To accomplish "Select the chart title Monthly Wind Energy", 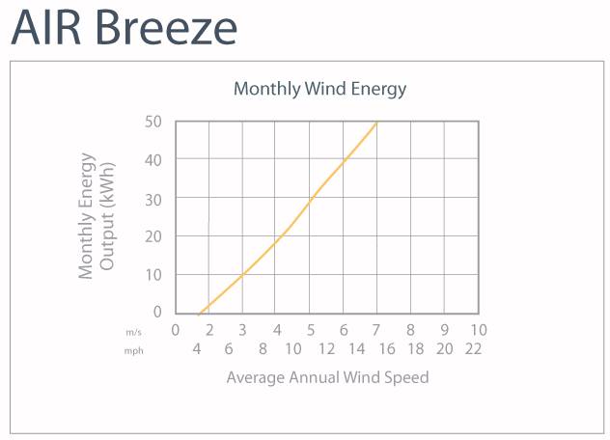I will coord(319,89).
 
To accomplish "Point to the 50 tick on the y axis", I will coord(154,122).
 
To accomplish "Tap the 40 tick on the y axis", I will coord(154,159).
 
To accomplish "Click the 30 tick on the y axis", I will coord(154,198).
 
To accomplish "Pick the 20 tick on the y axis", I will coord(154,235).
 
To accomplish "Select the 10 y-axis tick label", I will coord(154,274).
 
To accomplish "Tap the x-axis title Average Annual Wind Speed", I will coord(327,377).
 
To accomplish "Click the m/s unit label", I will coord(134,331).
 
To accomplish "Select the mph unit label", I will coord(134,350).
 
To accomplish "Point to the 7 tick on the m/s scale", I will coord(377,330).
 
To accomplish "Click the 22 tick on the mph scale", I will coord(472,349).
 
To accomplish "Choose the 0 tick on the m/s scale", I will coord(176,330).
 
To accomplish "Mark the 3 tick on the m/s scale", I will coord(242,330).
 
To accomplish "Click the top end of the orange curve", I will coord(376,122).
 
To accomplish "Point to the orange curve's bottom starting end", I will coord(198,314).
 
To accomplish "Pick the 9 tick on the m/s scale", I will coord(445,330).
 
